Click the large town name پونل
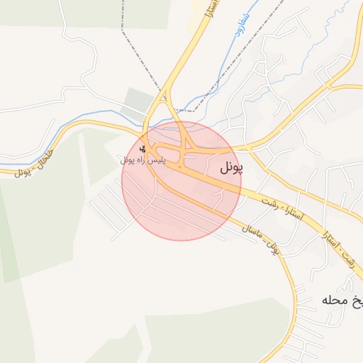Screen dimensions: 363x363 (x=226, y=168)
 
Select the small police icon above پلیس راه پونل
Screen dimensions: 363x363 (x=143, y=149)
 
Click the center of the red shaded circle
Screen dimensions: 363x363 (x=181, y=181)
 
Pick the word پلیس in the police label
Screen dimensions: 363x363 (x=157, y=160)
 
